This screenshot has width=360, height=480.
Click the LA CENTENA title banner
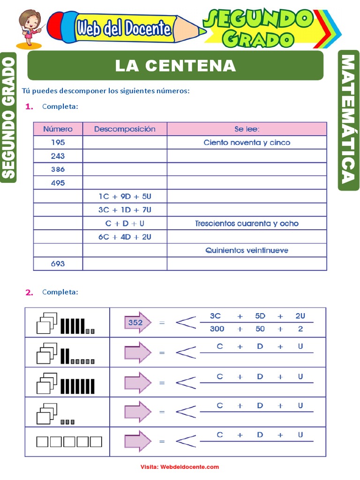[x=175, y=66]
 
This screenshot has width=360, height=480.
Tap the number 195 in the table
[x=58, y=142]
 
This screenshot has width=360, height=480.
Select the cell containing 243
[x=58, y=156]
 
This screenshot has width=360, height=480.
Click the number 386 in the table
[x=58, y=169]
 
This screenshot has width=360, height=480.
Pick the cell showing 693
[x=58, y=264]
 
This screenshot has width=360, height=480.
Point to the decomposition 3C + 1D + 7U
[x=125, y=210]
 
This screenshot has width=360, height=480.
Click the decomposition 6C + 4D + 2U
[x=125, y=237]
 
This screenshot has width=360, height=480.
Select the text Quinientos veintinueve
[x=247, y=250]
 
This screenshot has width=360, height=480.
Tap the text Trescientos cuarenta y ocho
[x=247, y=224]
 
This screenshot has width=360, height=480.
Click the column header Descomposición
[x=125, y=129]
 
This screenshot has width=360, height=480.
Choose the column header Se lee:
[x=247, y=129]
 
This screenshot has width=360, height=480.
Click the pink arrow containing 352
[x=137, y=322]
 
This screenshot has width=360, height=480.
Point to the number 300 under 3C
[x=217, y=329]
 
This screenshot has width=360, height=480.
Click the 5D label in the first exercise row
[x=260, y=316]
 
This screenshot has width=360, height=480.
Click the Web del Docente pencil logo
[x=124, y=29]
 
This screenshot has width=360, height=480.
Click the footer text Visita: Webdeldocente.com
[x=180, y=467]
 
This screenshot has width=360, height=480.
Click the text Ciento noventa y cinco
[x=247, y=142]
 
